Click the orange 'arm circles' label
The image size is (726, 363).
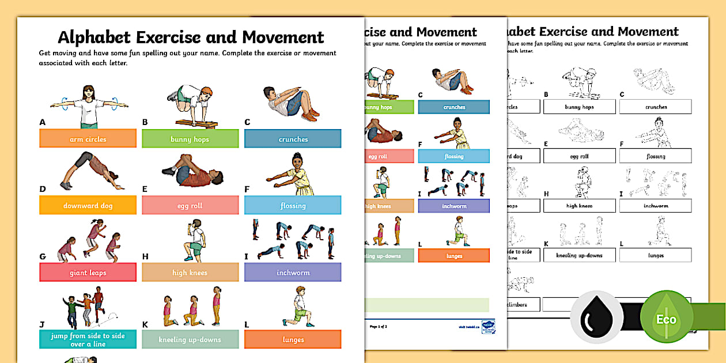point(88,139)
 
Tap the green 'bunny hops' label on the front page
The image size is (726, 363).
point(190,139)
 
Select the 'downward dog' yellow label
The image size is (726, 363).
point(88,206)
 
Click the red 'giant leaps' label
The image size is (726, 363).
point(88,273)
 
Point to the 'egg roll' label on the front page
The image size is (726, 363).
point(190,206)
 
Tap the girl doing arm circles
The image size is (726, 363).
point(88,106)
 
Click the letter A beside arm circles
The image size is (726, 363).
point(42,122)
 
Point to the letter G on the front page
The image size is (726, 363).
point(42,256)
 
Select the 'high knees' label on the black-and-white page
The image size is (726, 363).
point(579,206)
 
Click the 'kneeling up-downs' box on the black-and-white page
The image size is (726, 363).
point(579,255)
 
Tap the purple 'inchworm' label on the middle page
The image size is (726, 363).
point(453,206)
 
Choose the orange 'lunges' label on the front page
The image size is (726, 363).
point(293,339)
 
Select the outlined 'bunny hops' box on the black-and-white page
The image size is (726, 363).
point(579,107)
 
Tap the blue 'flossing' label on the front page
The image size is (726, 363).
point(293,206)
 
